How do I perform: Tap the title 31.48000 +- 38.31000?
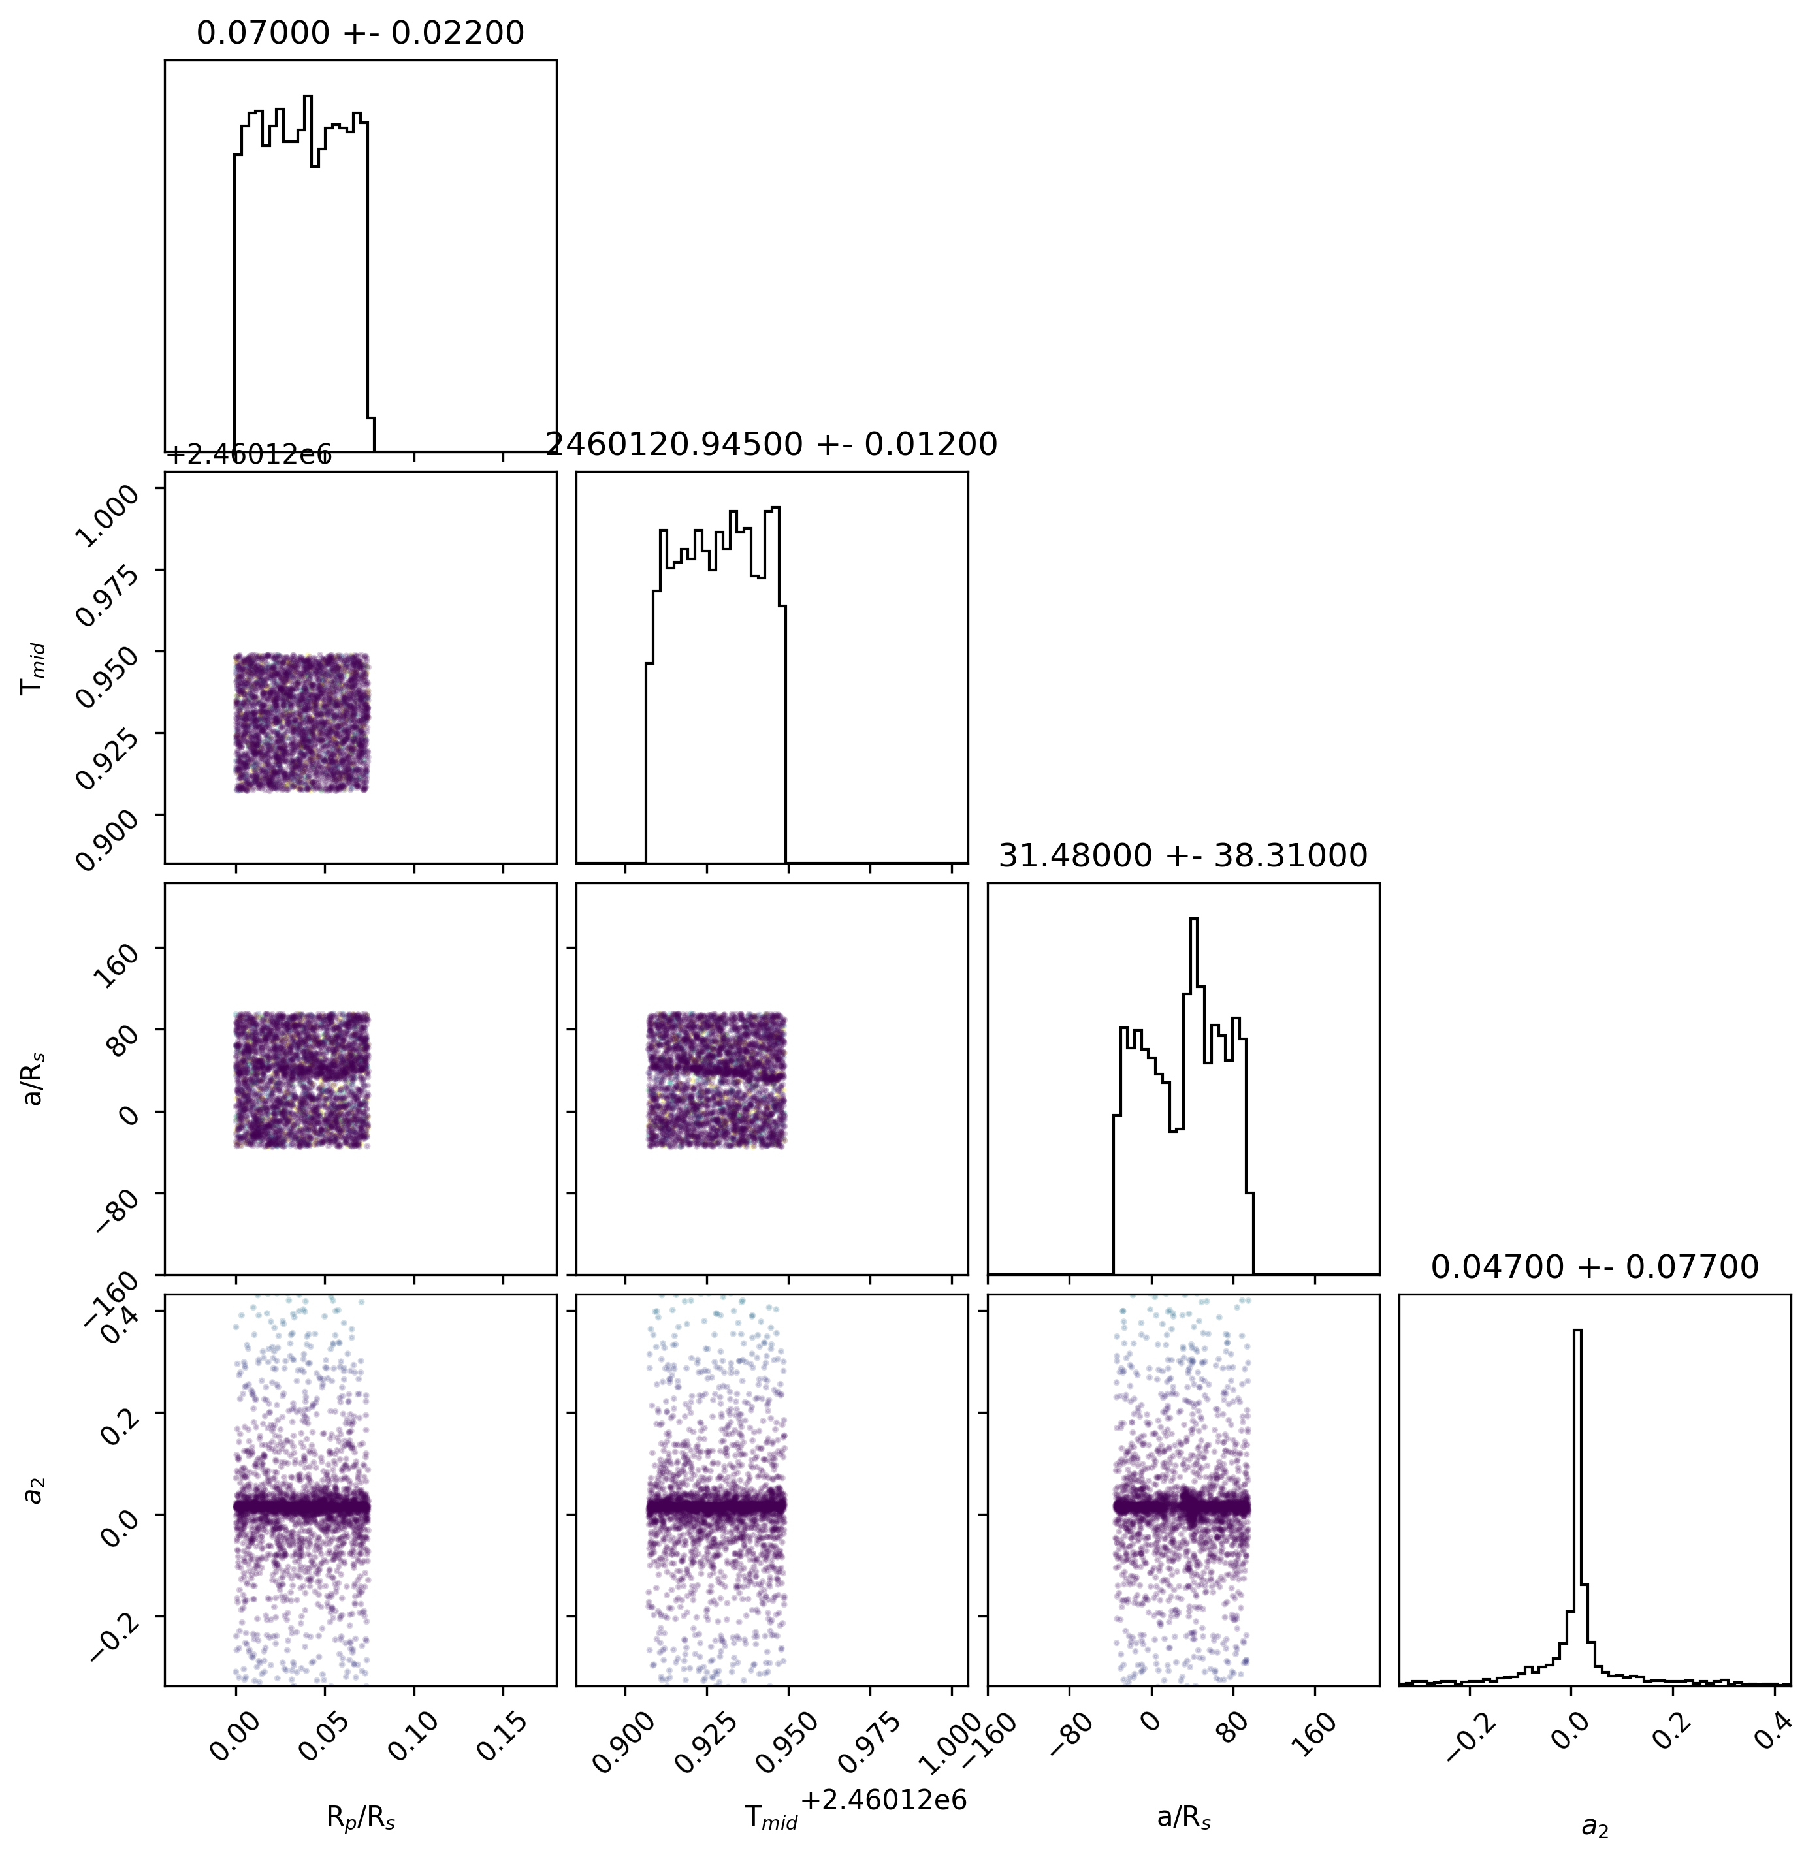(x=1183, y=856)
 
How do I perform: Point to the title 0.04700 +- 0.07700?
(x=1594, y=1267)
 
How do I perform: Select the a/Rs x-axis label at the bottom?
(x=1183, y=1818)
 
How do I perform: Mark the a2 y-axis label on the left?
(x=35, y=1490)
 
